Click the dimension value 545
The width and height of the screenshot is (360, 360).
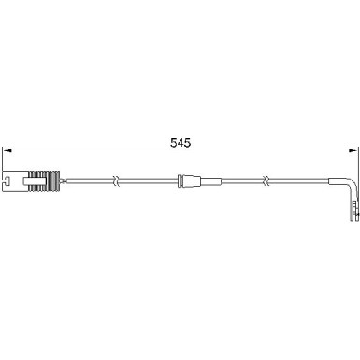[x=180, y=143]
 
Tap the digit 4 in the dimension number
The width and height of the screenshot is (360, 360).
[x=180, y=143]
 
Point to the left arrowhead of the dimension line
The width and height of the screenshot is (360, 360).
[x=7, y=151]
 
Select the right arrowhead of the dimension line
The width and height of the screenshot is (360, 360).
[x=353, y=151]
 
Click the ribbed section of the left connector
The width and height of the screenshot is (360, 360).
[x=43, y=180]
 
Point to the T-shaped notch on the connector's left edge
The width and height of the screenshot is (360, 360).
[x=7, y=180]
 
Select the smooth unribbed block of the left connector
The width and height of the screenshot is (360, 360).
[x=15, y=180]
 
